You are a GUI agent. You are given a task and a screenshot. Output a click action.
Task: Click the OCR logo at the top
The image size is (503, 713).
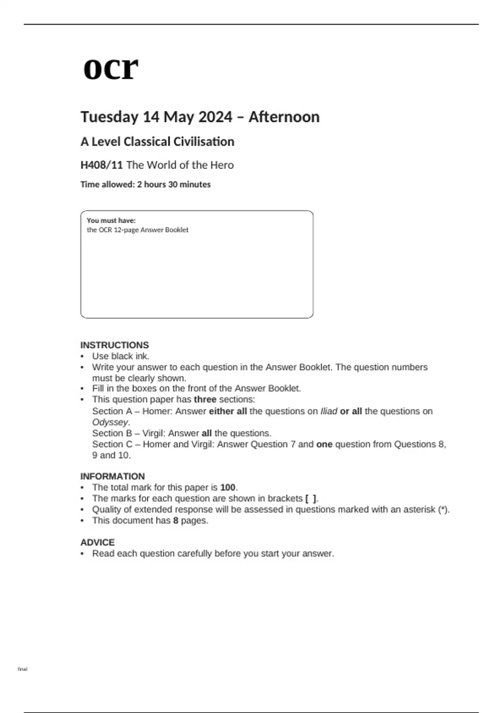pos(111,68)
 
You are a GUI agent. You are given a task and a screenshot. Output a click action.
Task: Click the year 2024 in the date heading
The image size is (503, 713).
pos(216,117)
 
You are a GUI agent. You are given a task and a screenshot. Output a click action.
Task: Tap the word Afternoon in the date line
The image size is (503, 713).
pos(284,117)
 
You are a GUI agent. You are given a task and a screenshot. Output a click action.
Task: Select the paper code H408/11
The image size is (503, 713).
pos(101,165)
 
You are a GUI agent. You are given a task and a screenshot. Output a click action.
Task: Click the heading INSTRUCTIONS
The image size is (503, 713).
pos(114,345)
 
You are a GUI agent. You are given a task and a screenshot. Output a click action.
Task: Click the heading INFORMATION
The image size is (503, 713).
pos(112,476)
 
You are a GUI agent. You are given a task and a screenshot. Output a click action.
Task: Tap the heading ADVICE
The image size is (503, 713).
pos(97,542)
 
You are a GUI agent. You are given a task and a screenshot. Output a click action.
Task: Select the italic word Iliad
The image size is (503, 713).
pos(329,411)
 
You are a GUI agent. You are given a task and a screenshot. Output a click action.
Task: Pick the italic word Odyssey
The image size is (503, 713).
pos(110,422)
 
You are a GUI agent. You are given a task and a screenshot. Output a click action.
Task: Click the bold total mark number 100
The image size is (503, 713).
pos(228,487)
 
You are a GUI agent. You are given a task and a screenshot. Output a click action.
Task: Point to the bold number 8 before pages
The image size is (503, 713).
pos(176,520)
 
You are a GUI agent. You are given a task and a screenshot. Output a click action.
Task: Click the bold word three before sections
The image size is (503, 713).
pos(205,399)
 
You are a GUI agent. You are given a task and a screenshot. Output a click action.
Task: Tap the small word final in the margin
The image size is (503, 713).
pos(23,669)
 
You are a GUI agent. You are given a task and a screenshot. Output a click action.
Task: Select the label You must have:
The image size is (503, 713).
pos(111,220)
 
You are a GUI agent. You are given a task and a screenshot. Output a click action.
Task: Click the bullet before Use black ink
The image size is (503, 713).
pos(82,356)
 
